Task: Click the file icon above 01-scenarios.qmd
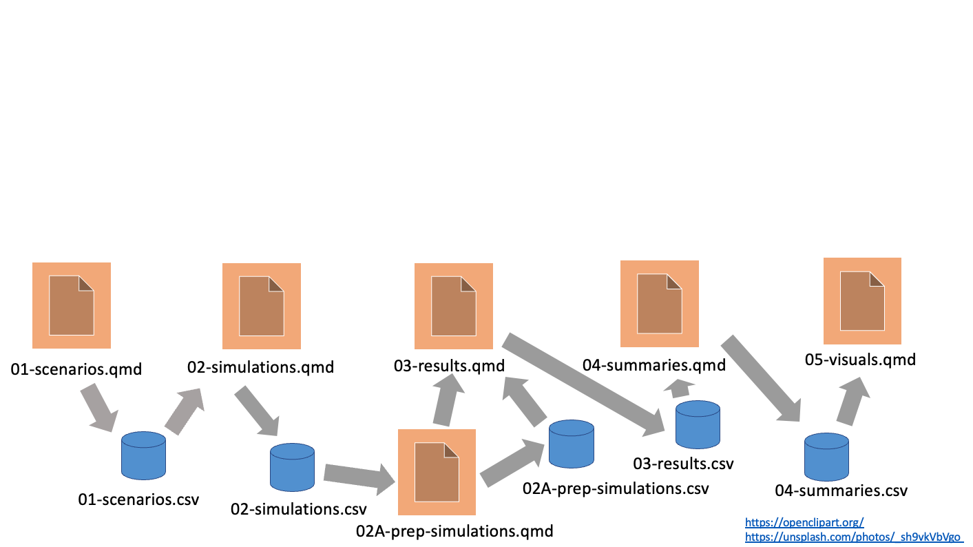[72, 305]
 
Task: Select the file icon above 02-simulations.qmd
[262, 306]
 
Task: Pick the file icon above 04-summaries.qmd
[660, 303]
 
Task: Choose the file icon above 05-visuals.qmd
[863, 300]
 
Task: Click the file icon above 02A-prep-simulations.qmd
[437, 472]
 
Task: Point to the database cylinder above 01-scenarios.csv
[143, 455]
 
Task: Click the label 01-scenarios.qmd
[76, 369]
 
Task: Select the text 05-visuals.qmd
[861, 359]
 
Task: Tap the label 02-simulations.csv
[299, 509]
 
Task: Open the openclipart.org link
[804, 522]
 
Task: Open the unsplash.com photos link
[854, 536]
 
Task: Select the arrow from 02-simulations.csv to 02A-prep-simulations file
[357, 477]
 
